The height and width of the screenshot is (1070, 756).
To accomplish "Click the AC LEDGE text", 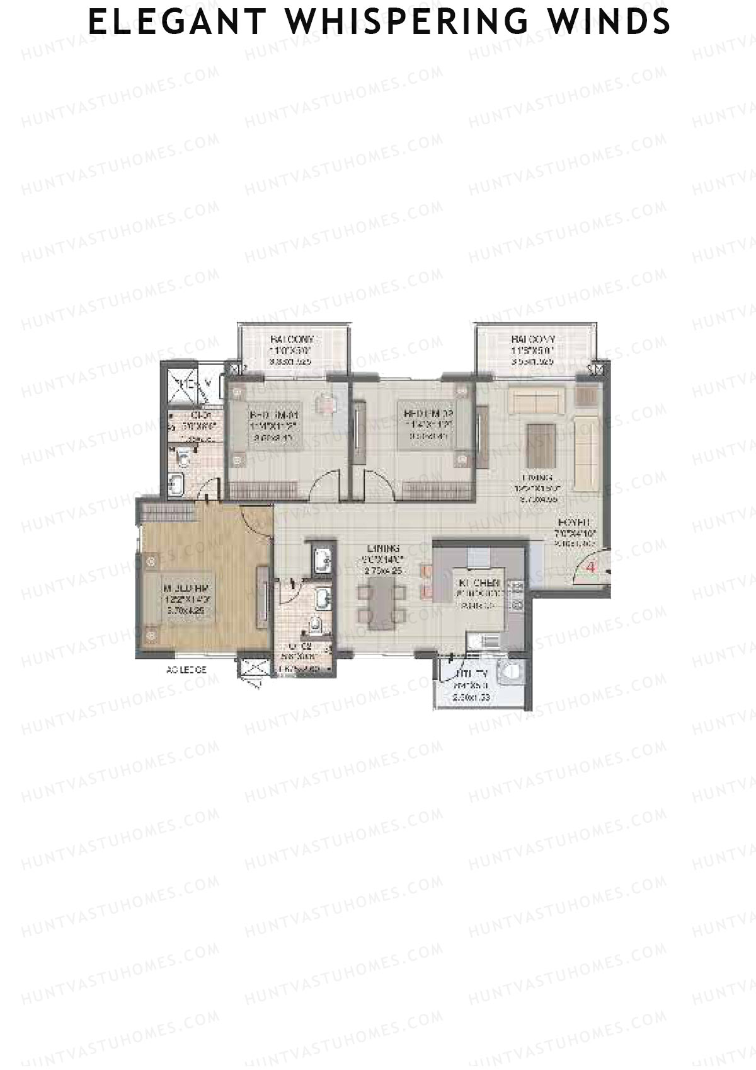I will tap(186, 670).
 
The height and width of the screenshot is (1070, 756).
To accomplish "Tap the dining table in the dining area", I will tap(382, 604).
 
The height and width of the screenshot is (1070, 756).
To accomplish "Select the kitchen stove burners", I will tap(518, 595).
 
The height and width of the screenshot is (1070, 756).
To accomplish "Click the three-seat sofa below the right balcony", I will tap(536, 402).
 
